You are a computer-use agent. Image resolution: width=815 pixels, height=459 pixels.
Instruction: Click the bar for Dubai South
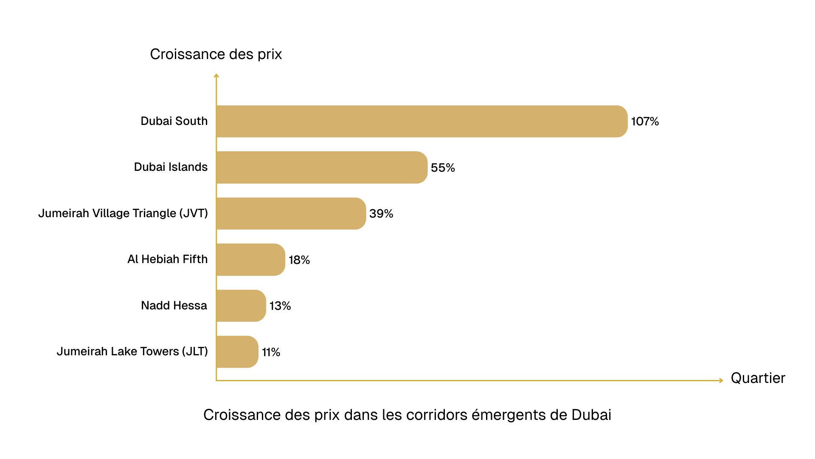click(x=422, y=122)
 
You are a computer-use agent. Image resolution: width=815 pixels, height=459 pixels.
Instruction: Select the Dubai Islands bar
click(x=322, y=167)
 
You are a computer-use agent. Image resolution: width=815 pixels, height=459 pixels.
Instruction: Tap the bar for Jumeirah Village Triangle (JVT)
click(x=291, y=213)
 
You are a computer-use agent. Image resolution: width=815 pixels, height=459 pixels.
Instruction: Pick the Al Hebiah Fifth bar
click(x=250, y=260)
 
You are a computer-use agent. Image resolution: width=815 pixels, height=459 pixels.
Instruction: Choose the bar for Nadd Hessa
click(x=241, y=306)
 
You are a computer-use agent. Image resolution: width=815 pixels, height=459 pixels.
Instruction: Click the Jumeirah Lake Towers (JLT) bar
click(x=237, y=352)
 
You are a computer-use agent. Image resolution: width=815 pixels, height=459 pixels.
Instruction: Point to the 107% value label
click(x=645, y=122)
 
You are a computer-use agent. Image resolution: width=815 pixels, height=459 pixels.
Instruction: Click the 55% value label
click(x=443, y=168)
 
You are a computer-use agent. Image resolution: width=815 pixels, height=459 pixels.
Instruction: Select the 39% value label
click(x=381, y=214)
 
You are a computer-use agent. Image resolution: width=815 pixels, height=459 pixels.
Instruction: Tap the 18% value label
click(x=299, y=260)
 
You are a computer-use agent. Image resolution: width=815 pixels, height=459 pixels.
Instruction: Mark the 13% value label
click(x=280, y=306)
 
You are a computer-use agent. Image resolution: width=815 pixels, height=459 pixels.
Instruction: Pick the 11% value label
click(x=271, y=352)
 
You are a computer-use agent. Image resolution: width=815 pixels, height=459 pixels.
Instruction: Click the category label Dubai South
click(x=174, y=121)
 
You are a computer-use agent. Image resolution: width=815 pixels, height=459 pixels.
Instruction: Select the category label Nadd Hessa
click(x=174, y=306)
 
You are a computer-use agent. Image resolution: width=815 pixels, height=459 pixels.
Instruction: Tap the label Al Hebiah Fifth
click(x=168, y=259)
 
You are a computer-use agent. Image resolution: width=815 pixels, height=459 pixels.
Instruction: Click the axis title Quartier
click(x=758, y=378)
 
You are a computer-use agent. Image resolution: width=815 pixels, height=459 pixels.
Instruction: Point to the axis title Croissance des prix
click(x=216, y=54)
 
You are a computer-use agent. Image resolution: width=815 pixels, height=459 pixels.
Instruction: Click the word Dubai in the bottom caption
click(x=591, y=415)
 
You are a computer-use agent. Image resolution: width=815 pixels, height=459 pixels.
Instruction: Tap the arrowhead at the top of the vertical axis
click(x=216, y=76)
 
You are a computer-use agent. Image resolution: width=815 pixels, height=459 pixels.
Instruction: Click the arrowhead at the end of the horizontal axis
click(x=721, y=380)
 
